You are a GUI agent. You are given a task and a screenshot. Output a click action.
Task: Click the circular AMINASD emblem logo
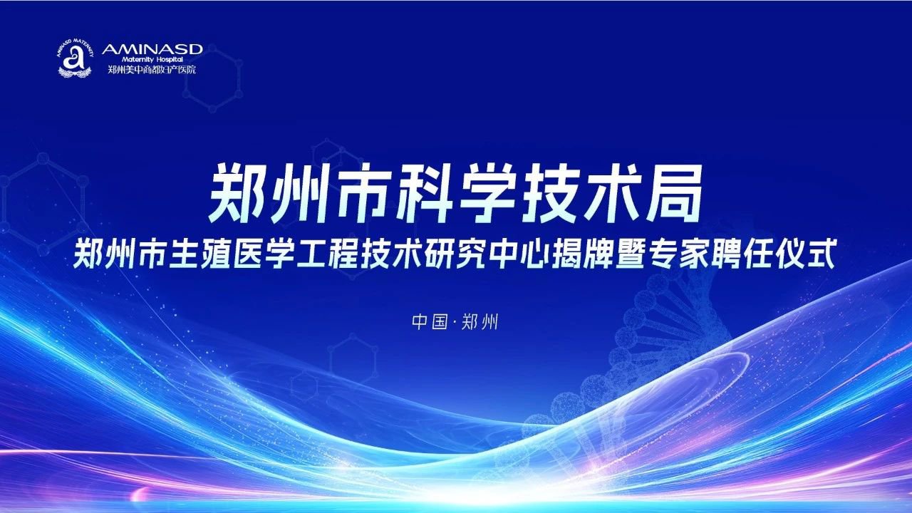(75, 58)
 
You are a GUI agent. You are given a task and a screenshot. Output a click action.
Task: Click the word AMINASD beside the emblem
(152, 50)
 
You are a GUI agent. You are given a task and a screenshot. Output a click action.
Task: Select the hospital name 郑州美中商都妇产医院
(152, 70)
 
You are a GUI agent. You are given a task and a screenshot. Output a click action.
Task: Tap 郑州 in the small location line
(480, 321)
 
